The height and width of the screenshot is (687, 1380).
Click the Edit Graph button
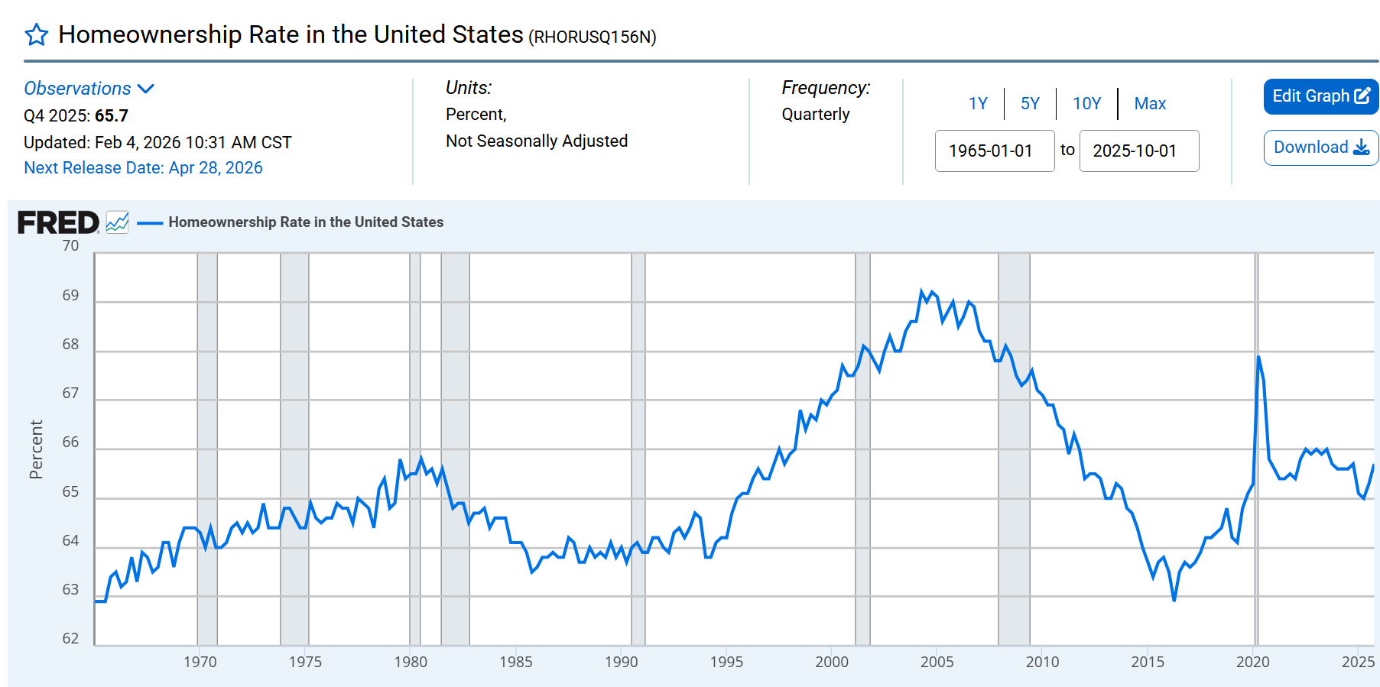coord(1320,96)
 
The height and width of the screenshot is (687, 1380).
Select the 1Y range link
coord(978,104)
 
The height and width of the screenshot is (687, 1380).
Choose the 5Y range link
coord(1030,104)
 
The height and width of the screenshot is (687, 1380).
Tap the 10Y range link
coord(1086,104)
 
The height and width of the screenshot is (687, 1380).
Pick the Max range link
coord(1150,104)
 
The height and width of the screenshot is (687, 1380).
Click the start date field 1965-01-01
coord(994,151)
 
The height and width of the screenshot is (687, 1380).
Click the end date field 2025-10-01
coord(1138,151)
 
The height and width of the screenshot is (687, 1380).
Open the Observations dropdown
coord(89,89)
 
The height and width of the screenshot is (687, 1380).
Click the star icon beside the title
coord(37,35)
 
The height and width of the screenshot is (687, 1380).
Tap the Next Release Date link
coord(143,168)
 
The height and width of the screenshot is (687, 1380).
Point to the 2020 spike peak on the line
coord(1258,357)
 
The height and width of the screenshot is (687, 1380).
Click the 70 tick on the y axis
coord(70,246)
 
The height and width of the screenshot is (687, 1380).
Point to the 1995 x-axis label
coord(726,662)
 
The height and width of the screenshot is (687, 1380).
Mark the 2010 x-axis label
coord(1042,662)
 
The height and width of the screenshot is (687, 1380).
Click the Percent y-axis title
coord(36,449)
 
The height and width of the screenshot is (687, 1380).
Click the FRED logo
coord(59,222)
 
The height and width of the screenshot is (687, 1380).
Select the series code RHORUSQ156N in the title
coord(593,37)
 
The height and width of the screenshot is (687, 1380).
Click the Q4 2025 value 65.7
coord(112,116)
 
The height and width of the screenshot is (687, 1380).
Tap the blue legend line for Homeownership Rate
coord(150,223)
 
